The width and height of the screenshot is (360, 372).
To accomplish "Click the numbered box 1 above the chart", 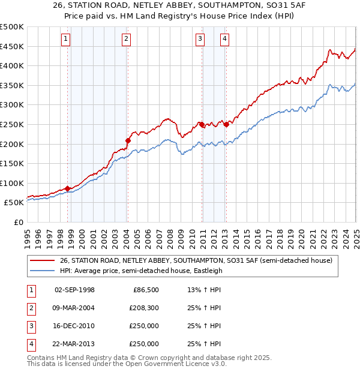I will coord(65,40).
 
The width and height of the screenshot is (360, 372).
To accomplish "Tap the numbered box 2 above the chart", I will coord(126,40).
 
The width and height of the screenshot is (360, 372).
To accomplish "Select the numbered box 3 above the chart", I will coord(200,40).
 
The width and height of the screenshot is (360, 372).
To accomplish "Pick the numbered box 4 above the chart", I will coord(224,40).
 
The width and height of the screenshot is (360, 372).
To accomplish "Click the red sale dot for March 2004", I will coord(128,140).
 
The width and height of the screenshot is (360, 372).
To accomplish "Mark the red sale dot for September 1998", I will coord(67,188).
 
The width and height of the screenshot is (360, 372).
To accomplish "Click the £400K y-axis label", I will coord(12,65).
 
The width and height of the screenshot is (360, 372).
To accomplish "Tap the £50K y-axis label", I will coord(14,203).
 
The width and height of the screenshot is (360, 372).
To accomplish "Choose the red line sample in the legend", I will coord(42,260).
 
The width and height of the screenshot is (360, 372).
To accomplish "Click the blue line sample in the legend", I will coord(42,271).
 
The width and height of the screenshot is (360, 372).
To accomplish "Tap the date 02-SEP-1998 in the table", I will coord(74,290).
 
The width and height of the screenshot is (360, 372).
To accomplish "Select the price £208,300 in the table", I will coord(142,308).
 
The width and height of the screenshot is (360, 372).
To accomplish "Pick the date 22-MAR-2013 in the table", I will coord(74,344).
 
